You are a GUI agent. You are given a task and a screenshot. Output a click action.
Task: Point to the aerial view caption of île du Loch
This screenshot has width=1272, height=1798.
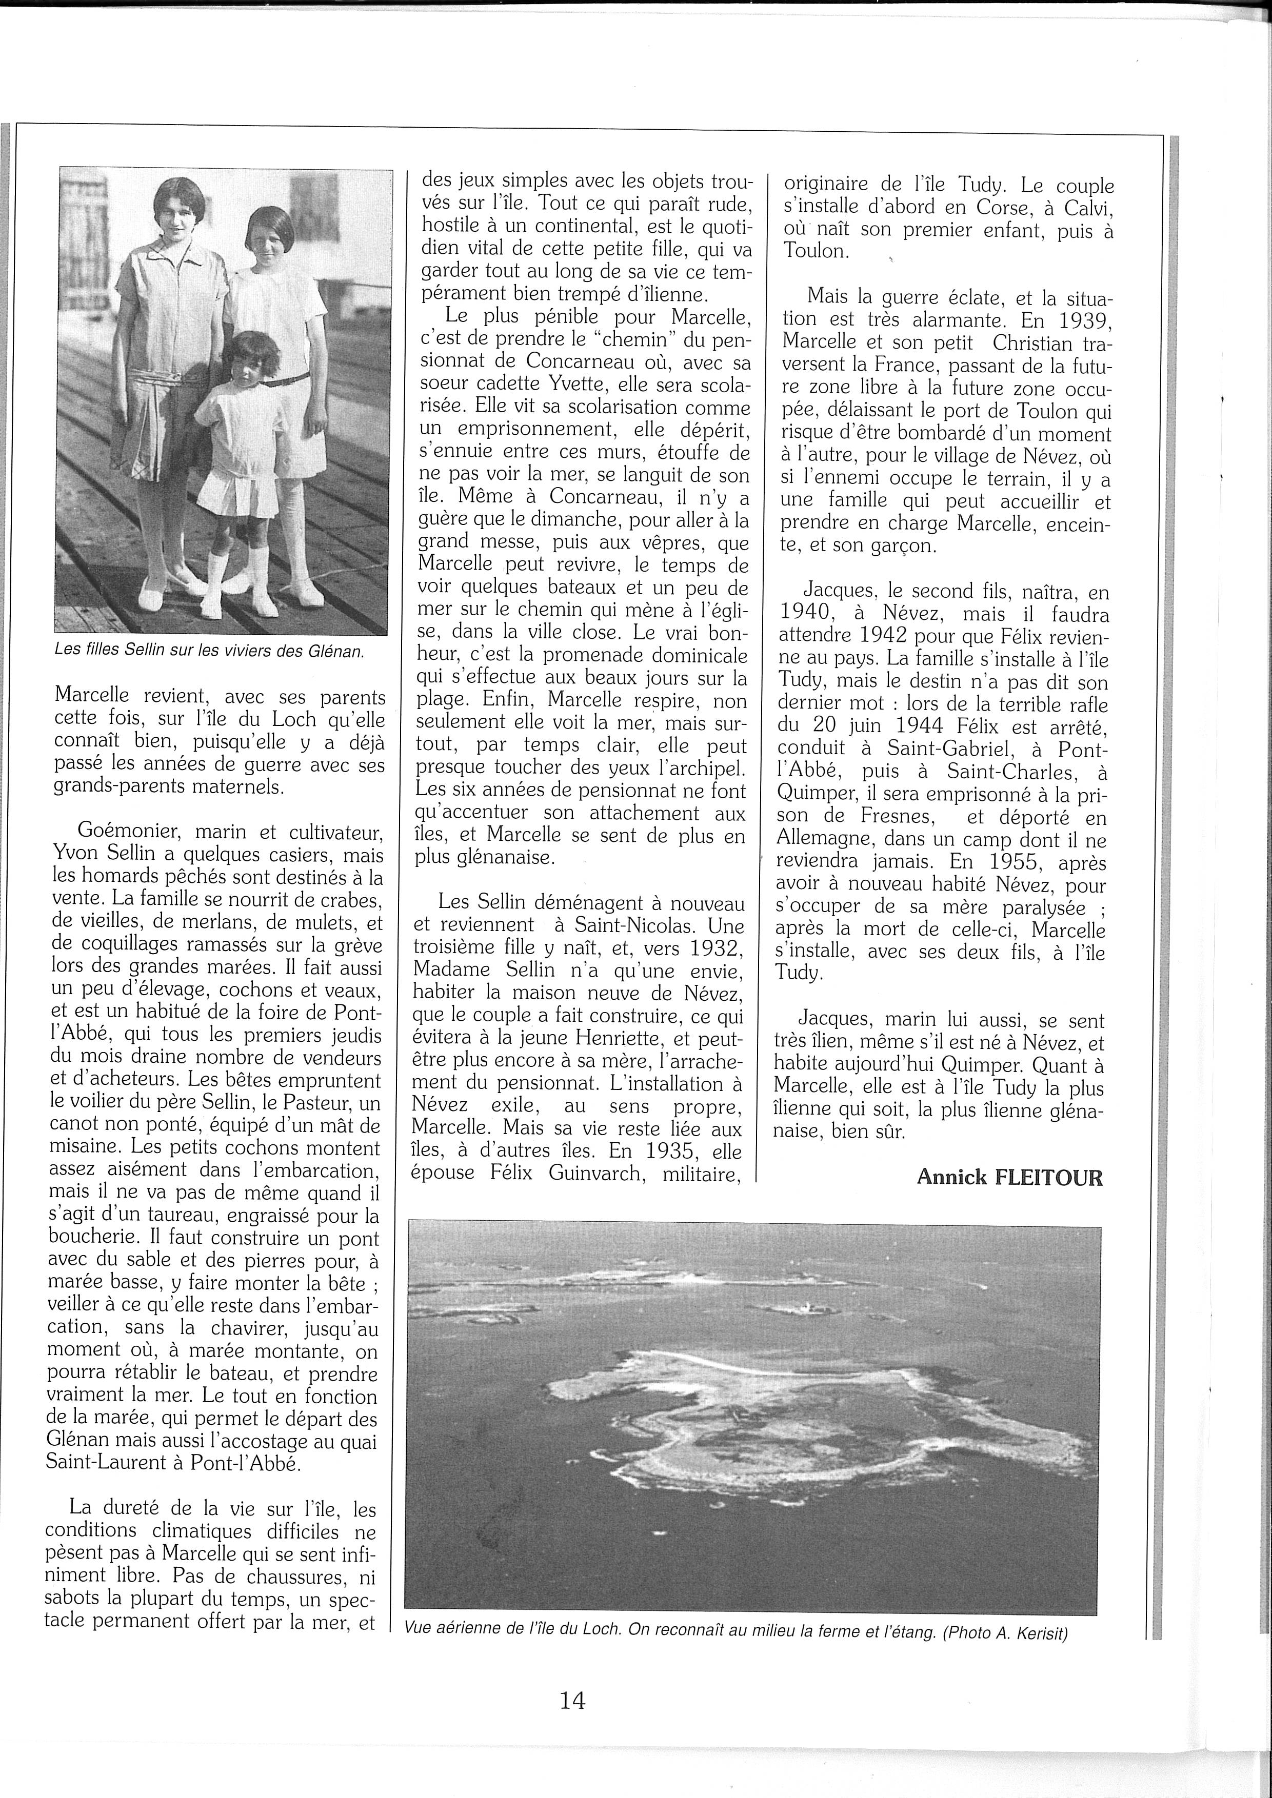click(x=736, y=1633)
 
